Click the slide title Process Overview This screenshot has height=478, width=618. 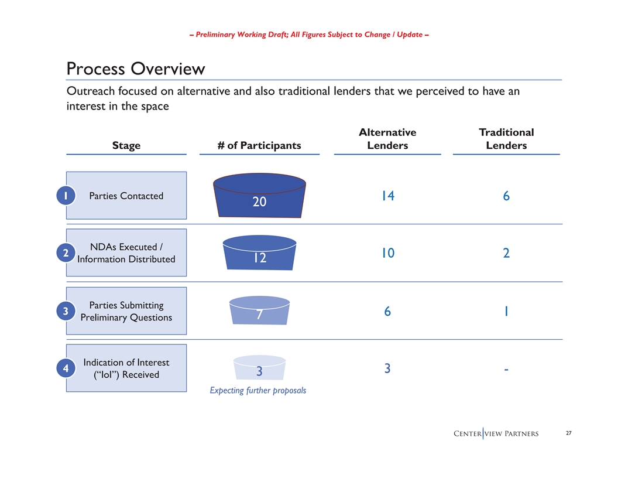[136, 69]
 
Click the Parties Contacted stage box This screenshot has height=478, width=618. [126, 196]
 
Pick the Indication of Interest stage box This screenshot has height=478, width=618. [126, 368]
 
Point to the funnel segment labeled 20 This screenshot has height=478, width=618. [259, 196]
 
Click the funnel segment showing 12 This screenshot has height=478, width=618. [259, 253]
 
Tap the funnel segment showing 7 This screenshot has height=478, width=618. [259, 310]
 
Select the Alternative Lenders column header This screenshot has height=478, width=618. [387, 139]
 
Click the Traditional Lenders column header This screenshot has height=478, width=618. [506, 139]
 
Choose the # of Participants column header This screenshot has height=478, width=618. [259, 145]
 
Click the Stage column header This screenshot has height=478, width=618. [126, 145]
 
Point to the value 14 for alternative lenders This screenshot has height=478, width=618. [387, 196]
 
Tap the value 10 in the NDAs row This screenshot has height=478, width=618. [387, 253]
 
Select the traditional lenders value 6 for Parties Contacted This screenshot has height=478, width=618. [506, 196]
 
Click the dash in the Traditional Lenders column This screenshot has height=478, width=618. [506, 369]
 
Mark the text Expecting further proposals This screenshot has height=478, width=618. [258, 391]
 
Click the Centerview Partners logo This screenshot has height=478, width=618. [496, 433]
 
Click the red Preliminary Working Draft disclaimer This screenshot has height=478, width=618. [309, 35]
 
